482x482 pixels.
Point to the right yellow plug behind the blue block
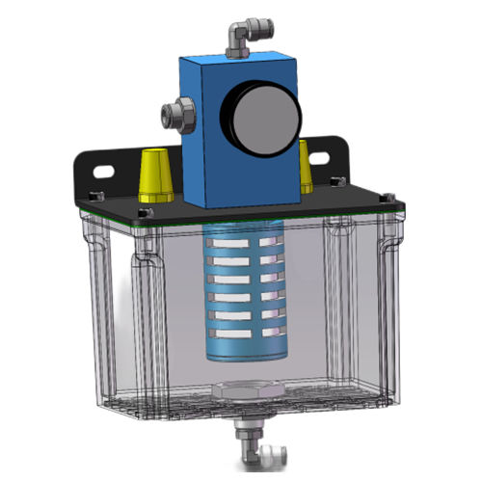click(307, 165)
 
